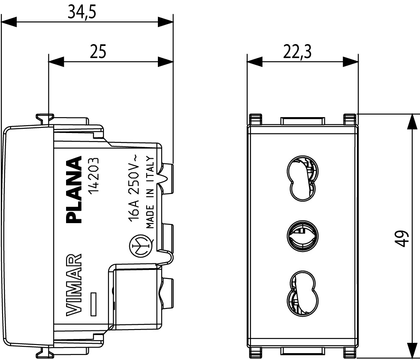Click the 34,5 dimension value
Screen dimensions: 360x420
(82, 12)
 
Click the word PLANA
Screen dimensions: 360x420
(75, 190)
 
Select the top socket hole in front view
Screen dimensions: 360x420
(302, 177)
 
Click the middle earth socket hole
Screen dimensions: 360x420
(302, 235)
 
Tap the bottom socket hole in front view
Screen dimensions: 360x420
(302, 293)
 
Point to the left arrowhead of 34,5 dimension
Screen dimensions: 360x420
(9, 23)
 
